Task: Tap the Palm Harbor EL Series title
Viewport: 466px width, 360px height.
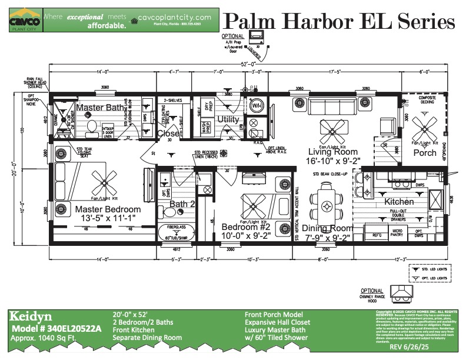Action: [339, 22]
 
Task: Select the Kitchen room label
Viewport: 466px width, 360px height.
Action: [400, 202]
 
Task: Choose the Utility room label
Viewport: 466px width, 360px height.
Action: [227, 119]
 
